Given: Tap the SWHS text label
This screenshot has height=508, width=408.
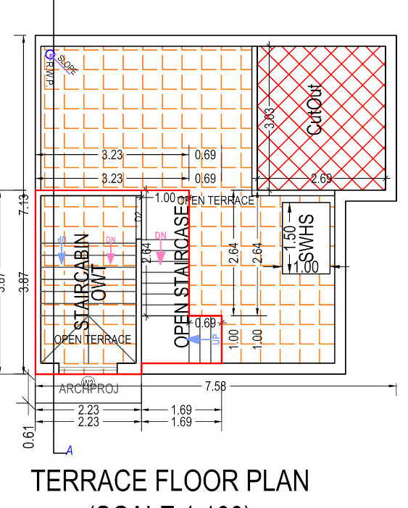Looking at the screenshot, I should [x=308, y=239].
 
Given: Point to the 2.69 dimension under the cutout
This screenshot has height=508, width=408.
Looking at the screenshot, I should [x=321, y=179].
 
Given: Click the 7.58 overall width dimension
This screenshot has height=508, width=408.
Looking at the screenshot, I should [x=215, y=387].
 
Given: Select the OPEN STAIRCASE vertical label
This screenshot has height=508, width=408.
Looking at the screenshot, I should [x=182, y=275].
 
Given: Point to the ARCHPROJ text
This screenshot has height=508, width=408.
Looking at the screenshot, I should [x=89, y=389].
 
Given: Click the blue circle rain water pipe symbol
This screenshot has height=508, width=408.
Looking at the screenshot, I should [x=49, y=54].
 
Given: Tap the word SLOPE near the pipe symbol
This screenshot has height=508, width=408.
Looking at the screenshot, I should [x=67, y=65].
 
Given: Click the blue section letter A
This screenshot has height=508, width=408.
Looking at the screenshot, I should [x=70, y=451].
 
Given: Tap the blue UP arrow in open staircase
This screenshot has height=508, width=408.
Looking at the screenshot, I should [x=195, y=338].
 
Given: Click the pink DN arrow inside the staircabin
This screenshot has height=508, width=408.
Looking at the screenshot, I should [x=110, y=253].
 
